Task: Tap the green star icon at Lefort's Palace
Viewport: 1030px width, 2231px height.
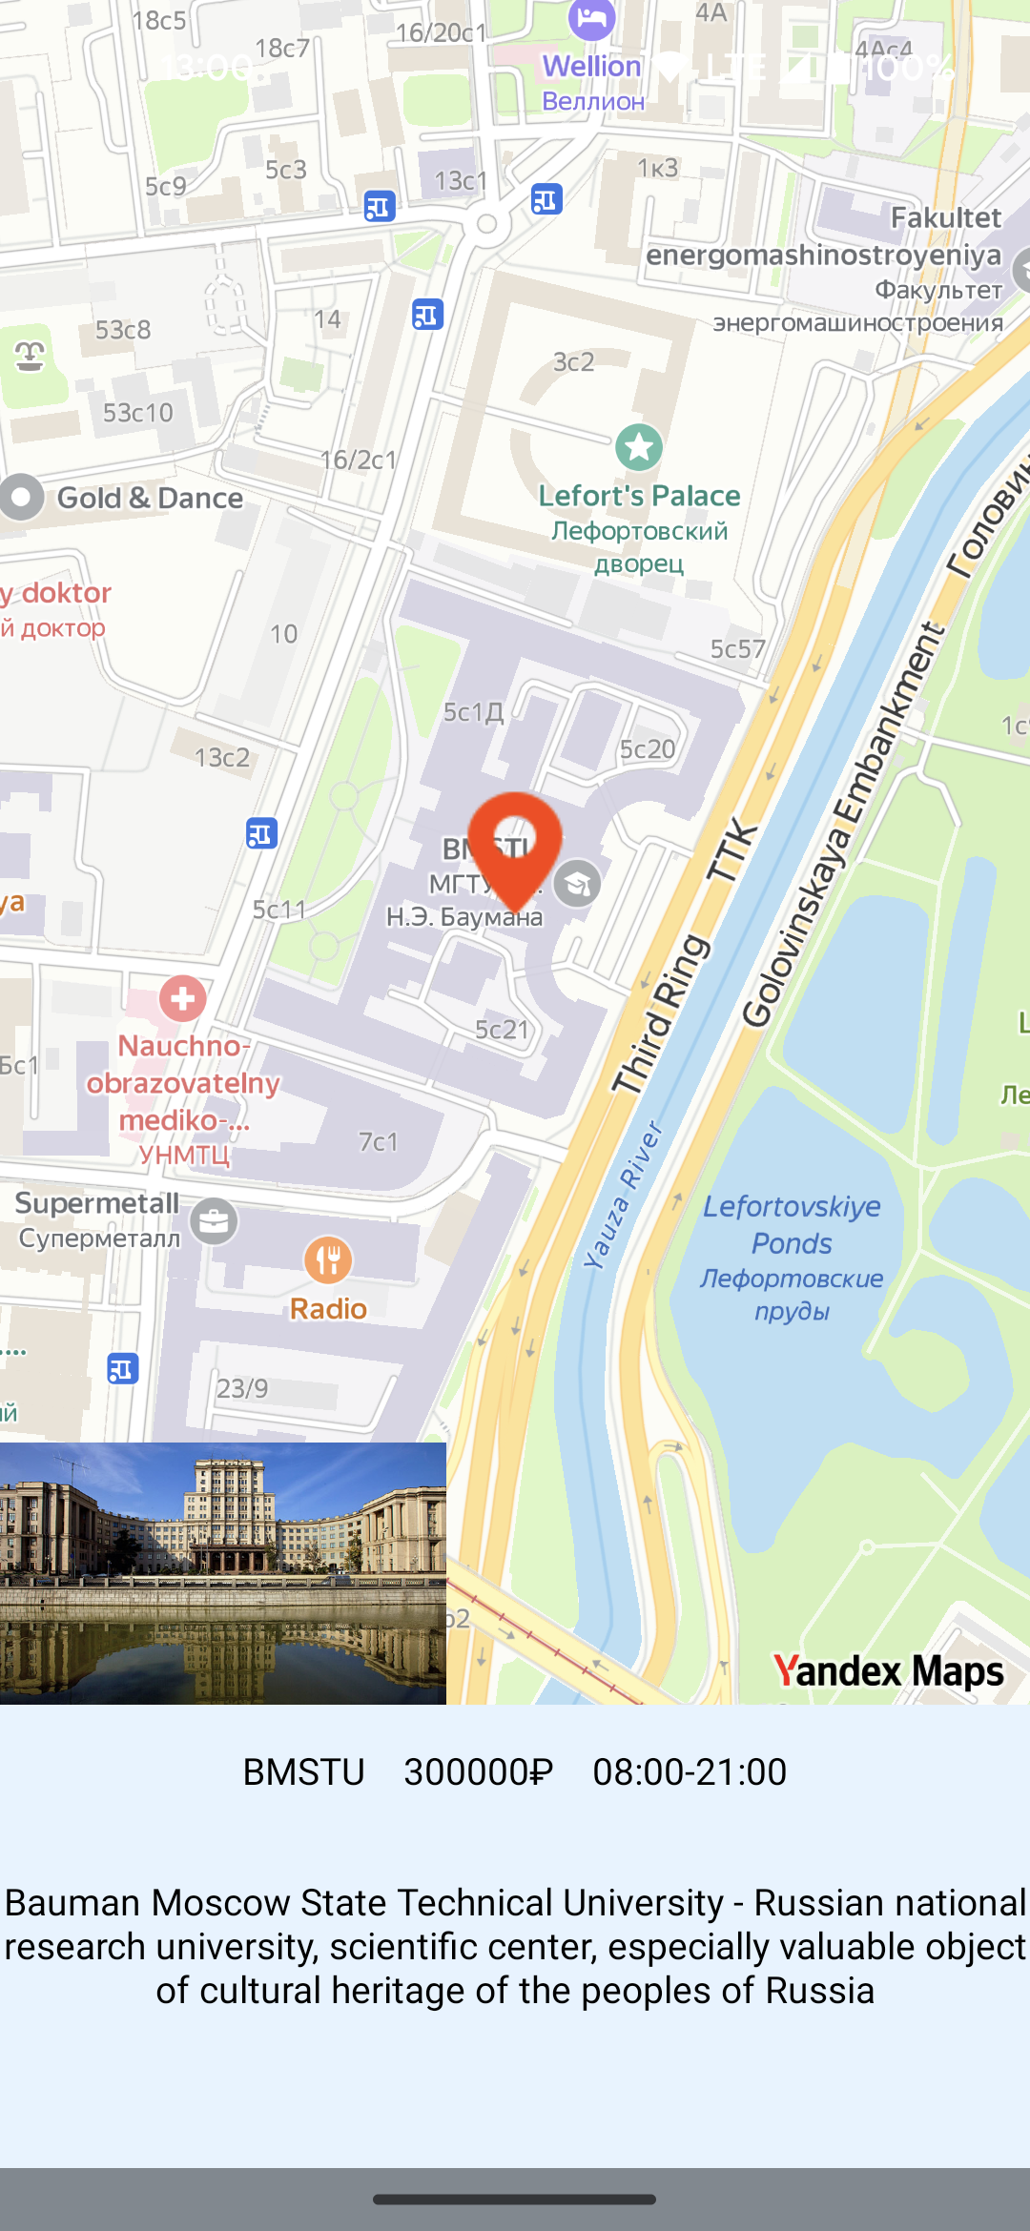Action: (x=638, y=446)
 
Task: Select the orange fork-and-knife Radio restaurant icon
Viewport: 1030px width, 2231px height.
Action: (x=328, y=1260)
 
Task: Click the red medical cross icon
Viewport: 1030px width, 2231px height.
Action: (x=182, y=998)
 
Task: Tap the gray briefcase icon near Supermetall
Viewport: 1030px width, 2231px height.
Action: (x=214, y=1221)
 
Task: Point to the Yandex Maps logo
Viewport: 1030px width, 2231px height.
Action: (x=888, y=1670)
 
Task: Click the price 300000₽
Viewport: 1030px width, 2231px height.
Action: (x=478, y=1772)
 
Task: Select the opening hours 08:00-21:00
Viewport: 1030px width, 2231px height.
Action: (x=690, y=1772)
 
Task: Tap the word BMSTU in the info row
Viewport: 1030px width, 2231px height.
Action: (x=303, y=1772)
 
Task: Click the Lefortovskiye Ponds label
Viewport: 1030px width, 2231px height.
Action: (x=792, y=1225)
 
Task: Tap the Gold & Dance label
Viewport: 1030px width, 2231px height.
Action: (x=150, y=498)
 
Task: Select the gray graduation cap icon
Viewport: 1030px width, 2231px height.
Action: (x=577, y=883)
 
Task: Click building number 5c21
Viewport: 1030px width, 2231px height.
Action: (x=502, y=1030)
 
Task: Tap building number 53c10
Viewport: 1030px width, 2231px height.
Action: (x=138, y=413)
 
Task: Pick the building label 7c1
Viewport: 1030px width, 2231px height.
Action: (x=378, y=1141)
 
